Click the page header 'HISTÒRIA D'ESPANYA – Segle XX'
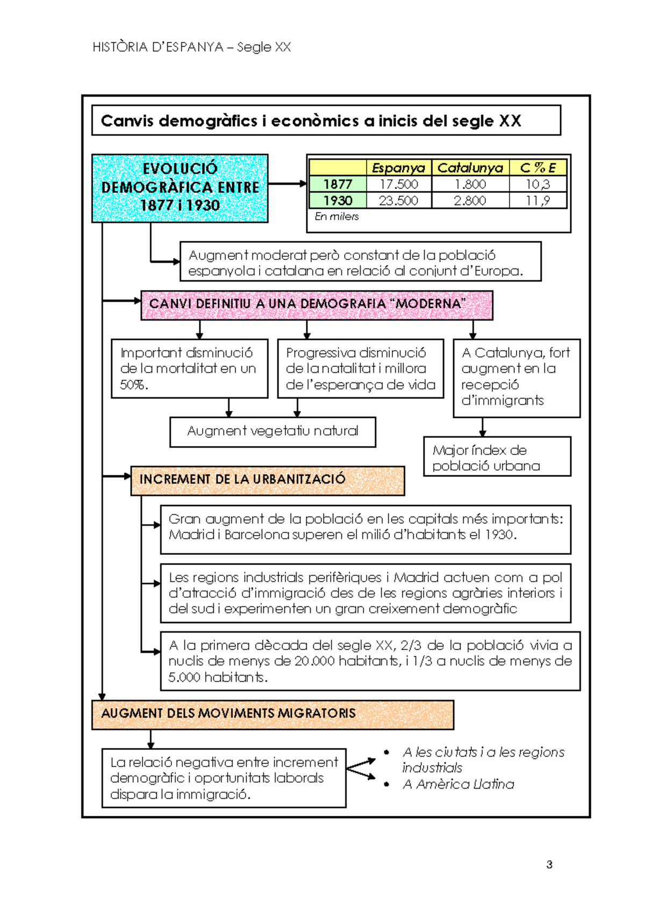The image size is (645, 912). coord(191,47)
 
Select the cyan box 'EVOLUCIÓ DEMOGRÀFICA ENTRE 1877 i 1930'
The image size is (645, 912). coord(180,188)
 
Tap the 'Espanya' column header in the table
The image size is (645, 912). coord(398,168)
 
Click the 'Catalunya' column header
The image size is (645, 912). coord(470,168)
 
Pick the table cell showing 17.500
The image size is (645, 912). coord(398,184)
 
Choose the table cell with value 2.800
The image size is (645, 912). coord(470,201)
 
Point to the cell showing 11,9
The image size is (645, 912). coord(538,201)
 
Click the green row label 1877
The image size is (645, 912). coord(338,184)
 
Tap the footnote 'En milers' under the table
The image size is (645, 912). coord(336,216)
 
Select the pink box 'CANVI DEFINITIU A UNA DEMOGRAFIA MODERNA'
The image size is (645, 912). coord(317,306)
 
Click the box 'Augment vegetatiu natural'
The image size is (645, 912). coord(273,432)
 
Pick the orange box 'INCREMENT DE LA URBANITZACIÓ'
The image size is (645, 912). coord(267,481)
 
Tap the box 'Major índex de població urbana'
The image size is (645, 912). coord(497,457)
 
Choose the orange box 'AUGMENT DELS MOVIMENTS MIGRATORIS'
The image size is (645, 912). coord(273,715)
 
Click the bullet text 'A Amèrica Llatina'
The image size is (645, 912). coord(458,784)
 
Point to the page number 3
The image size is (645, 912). coord(549,865)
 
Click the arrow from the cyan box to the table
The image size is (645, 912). coord(287,184)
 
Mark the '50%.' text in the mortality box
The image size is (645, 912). coord(134,385)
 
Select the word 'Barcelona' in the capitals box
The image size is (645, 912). coord(257,534)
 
